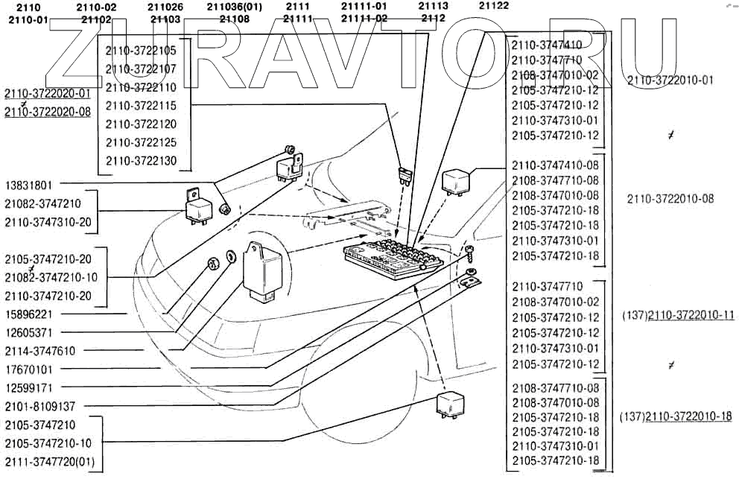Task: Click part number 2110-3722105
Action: (x=141, y=51)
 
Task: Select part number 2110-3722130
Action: (x=141, y=160)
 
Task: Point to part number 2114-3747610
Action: (x=49, y=350)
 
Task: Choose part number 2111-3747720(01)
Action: (x=49, y=462)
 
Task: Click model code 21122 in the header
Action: (x=494, y=6)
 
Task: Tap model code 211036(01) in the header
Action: (x=234, y=6)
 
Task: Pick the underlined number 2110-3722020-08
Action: (x=47, y=112)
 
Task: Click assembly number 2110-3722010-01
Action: (x=670, y=80)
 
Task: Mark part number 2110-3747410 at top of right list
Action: (x=547, y=45)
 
